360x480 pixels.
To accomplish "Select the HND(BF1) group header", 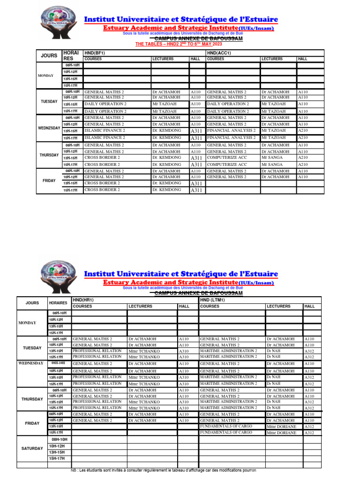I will pyautogui.click(x=94, y=53).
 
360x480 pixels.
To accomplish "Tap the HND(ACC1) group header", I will pyautogui.click(x=218, y=53).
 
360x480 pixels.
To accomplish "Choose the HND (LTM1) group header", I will pyautogui.click(x=212, y=300).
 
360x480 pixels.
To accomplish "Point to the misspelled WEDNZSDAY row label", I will pyautogui.click(x=49, y=128).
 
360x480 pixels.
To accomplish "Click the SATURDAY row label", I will pyautogui.click(x=32, y=449).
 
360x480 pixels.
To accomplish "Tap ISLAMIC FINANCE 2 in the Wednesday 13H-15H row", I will pyautogui.click(x=105, y=131).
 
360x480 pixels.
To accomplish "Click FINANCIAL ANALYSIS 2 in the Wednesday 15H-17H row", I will pyautogui.click(x=232, y=138).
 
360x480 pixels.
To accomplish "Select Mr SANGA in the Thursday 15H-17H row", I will pyautogui.click(x=272, y=165).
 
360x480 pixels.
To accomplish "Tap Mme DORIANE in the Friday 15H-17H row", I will pyautogui.click(x=281, y=433).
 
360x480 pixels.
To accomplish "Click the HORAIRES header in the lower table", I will pyautogui.click(x=58, y=303).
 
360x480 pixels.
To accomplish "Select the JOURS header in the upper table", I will pyautogui.click(x=49, y=56).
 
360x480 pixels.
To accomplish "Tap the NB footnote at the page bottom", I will pyautogui.click(x=164, y=470).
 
